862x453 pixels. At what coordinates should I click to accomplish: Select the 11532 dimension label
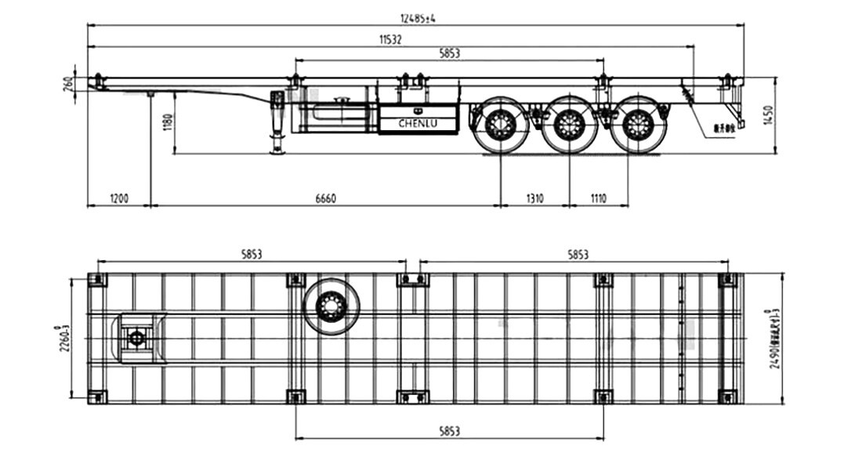pyautogui.click(x=390, y=40)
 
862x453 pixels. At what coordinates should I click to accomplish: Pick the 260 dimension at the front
pyautogui.click(x=68, y=82)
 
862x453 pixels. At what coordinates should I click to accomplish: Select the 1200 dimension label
pyautogui.click(x=119, y=198)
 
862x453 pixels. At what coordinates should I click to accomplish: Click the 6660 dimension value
pyautogui.click(x=325, y=198)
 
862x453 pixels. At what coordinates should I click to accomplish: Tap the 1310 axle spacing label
pyautogui.click(x=534, y=198)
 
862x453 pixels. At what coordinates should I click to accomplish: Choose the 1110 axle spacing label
pyautogui.click(x=598, y=198)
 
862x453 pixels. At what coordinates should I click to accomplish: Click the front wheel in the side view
pyautogui.click(x=501, y=125)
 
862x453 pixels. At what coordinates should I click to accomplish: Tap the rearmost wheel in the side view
pyautogui.click(x=639, y=125)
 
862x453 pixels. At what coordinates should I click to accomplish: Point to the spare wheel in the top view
pyautogui.click(x=332, y=305)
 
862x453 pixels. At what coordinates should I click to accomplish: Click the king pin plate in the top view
pyautogui.click(x=138, y=339)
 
